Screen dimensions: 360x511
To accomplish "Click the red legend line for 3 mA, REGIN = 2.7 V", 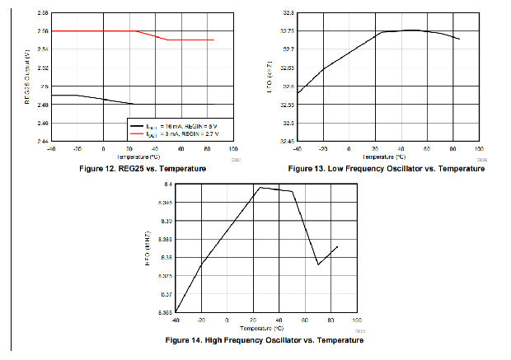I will (x=139, y=132).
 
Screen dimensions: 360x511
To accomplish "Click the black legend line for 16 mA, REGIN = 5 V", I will (x=139, y=124).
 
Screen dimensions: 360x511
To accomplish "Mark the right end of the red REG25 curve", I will (x=213, y=40).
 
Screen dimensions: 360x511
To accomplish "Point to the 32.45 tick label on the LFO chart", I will (x=287, y=141).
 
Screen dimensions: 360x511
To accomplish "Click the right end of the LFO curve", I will (x=459, y=39).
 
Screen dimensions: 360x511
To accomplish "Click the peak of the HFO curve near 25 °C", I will (x=260, y=188).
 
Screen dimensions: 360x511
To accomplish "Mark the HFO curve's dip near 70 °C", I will (x=318, y=264).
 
